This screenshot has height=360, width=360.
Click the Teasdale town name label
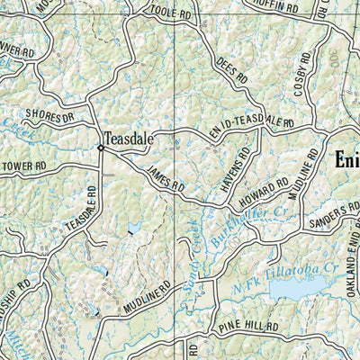pyautogui.click(x=130, y=139)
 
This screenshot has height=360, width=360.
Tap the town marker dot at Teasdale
pyautogui.click(x=99, y=148)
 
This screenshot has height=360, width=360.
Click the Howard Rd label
pyautogui.click(x=271, y=188)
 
